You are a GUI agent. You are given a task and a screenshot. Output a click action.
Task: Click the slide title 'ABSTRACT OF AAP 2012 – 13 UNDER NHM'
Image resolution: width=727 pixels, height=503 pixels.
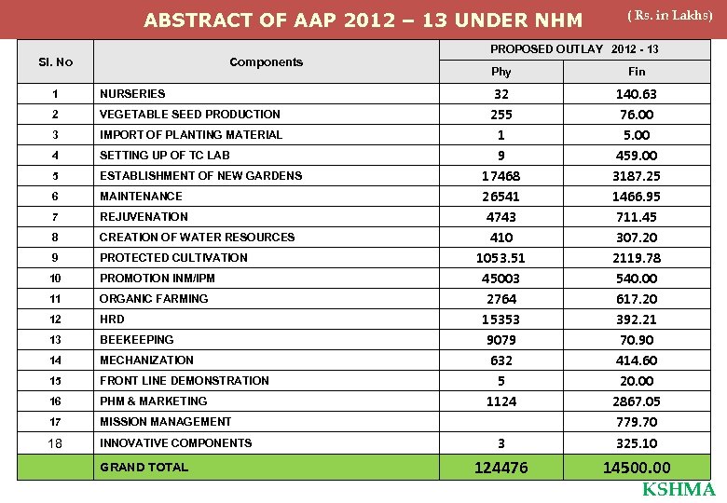coord(363,20)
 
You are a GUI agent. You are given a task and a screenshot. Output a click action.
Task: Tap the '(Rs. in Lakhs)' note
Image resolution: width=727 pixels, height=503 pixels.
coord(670,15)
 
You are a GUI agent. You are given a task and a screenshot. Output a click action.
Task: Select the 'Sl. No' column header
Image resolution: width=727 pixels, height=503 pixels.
coord(55,62)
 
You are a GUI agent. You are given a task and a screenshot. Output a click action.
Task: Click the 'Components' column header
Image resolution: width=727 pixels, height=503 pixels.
coord(267,62)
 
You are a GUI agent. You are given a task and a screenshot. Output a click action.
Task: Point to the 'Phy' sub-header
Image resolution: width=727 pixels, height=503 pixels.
coord(501,72)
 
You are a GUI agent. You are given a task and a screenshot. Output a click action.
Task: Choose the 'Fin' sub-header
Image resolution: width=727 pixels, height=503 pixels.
coord(637,72)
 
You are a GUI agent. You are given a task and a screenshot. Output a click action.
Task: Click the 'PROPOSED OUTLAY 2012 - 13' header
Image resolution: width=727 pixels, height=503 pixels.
coord(574,48)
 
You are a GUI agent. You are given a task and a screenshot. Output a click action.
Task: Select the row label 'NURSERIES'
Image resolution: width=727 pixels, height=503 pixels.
coord(132,94)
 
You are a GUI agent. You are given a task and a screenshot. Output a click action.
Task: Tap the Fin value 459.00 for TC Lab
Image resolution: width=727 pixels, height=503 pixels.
coord(636,156)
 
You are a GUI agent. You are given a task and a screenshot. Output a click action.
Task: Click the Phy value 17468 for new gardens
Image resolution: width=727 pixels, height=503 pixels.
coord(501,176)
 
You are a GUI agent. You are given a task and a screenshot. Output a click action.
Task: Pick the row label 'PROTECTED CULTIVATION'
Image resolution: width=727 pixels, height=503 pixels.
coord(173,258)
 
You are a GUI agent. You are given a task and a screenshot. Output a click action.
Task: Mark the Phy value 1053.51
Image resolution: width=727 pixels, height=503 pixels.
coord(501,258)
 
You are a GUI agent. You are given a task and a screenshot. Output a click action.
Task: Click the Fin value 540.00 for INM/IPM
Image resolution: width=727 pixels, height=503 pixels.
coord(636,279)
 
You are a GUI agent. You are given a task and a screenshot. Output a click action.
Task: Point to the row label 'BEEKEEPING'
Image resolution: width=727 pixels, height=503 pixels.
coord(137,340)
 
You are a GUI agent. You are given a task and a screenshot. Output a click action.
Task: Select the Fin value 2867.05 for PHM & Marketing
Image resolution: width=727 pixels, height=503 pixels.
coord(636,401)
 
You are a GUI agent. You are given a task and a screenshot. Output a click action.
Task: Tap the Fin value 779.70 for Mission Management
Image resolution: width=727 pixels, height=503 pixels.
coord(636,422)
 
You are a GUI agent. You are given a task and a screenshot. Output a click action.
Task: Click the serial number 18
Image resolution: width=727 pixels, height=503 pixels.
coord(55,443)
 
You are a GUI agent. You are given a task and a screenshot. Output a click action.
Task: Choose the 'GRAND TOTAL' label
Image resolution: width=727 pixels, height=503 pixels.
coord(144,468)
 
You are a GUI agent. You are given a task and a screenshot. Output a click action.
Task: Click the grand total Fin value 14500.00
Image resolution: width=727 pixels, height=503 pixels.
coord(636,468)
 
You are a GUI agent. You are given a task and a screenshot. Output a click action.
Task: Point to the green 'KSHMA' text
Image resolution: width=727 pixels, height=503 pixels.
coord(679,491)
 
